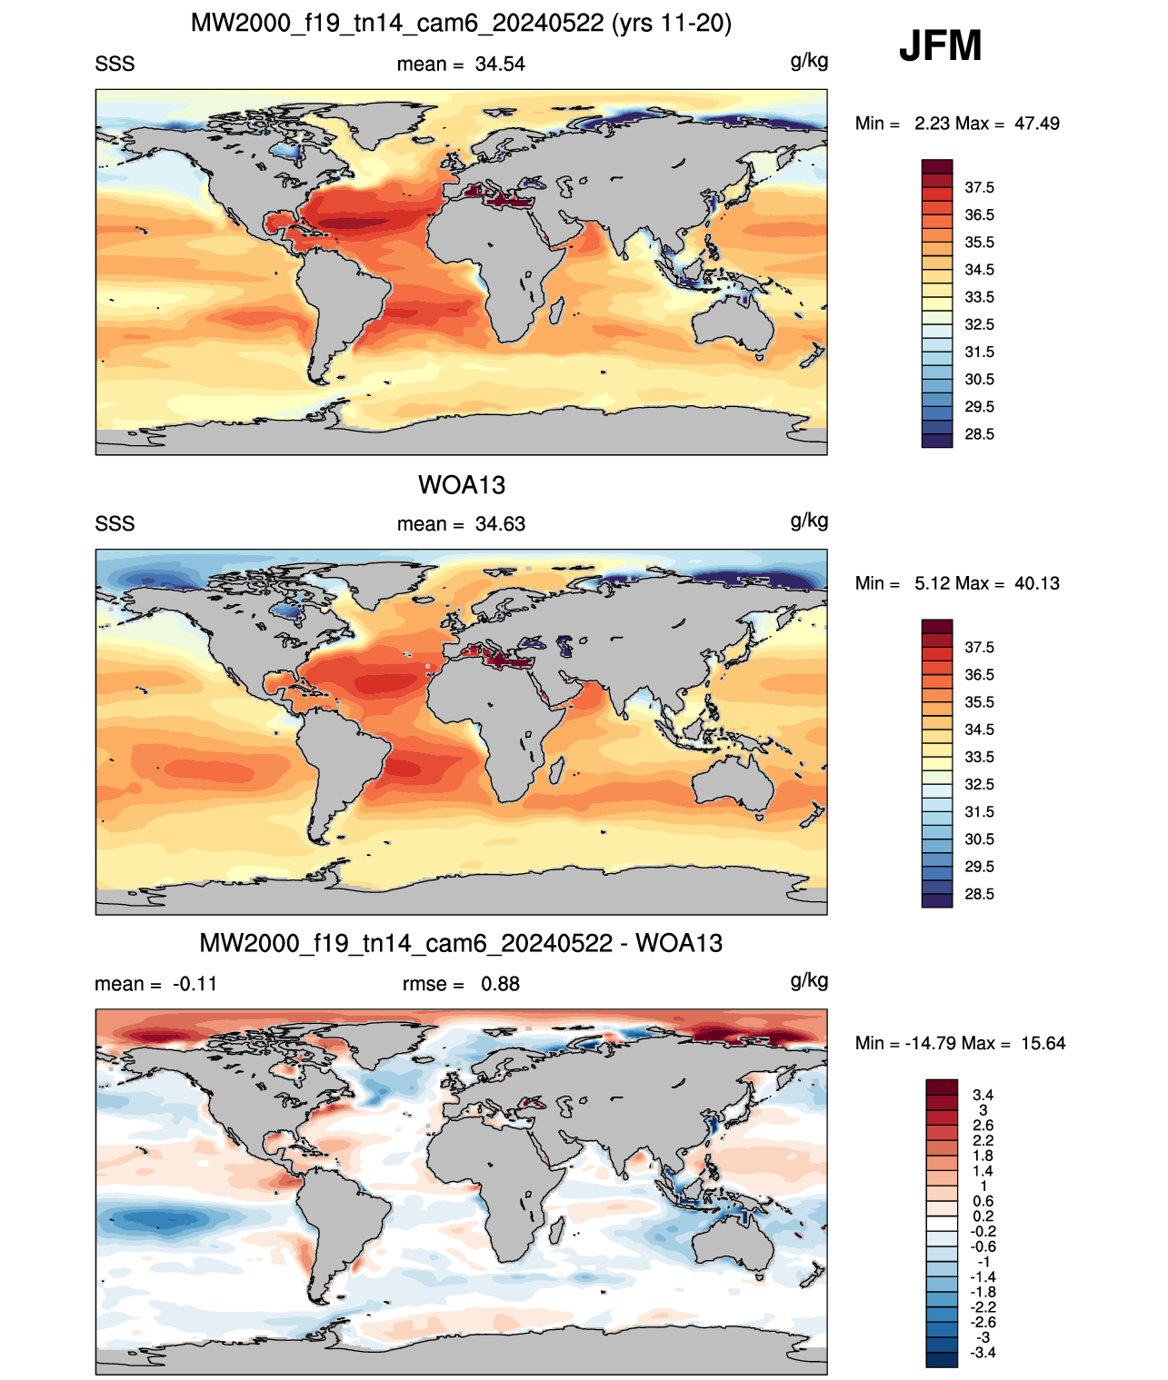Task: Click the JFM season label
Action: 940,45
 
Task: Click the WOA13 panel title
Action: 462,485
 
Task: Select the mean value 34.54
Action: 500,65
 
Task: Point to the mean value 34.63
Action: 500,524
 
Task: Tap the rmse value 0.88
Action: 500,984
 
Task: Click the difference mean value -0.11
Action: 195,984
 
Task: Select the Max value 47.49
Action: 1037,124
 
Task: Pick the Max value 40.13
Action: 1037,583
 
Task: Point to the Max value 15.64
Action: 1043,1044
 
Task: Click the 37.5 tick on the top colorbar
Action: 979,188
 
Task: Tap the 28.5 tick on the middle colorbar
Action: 979,895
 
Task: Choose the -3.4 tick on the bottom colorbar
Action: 983,1353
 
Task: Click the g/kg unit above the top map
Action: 809,62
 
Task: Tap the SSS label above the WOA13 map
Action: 115,524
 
